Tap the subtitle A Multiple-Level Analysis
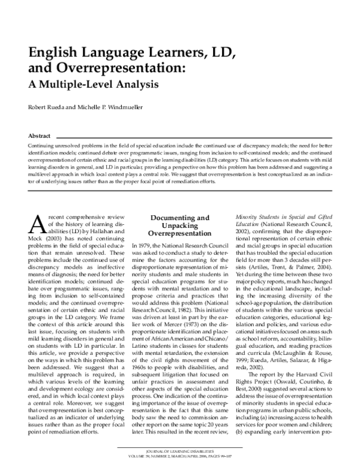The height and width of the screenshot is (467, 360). click(88, 84)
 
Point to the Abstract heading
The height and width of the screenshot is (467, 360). click(39, 136)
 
